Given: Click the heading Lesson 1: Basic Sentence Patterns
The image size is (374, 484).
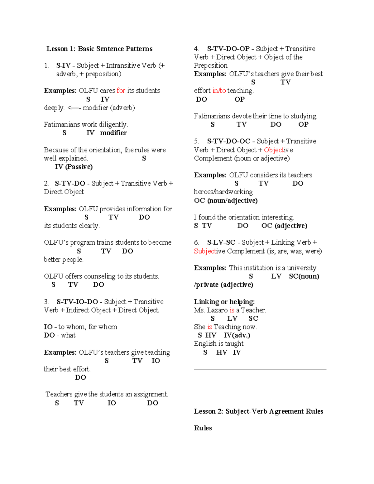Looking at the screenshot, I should tap(99, 49).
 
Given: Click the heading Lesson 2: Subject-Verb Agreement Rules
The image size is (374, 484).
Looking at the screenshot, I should tap(258, 411).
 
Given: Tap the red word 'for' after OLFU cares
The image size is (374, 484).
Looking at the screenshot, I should tap(121, 91).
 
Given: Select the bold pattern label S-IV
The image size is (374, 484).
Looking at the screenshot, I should tap(63, 66).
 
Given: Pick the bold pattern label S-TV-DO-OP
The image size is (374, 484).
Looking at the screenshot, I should tap(228, 49).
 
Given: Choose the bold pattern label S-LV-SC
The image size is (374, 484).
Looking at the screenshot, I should tap(221, 242).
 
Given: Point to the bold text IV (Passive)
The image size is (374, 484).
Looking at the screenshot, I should tap(74, 167).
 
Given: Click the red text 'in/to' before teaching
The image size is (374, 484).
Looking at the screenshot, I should tap(219, 91).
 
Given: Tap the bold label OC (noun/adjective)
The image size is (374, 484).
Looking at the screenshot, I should tap(226, 200).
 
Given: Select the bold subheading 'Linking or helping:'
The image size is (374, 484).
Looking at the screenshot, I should tap(224, 302).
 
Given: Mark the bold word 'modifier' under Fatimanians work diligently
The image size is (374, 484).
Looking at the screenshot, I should tap(113, 133).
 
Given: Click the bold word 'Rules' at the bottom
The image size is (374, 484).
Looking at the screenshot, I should tap(203, 428).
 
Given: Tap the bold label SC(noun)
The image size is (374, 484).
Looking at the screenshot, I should tap(304, 276).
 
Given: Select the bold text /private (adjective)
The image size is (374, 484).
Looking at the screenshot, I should tap(223, 285).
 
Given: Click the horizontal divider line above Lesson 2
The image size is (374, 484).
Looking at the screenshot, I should tap(260, 370).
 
